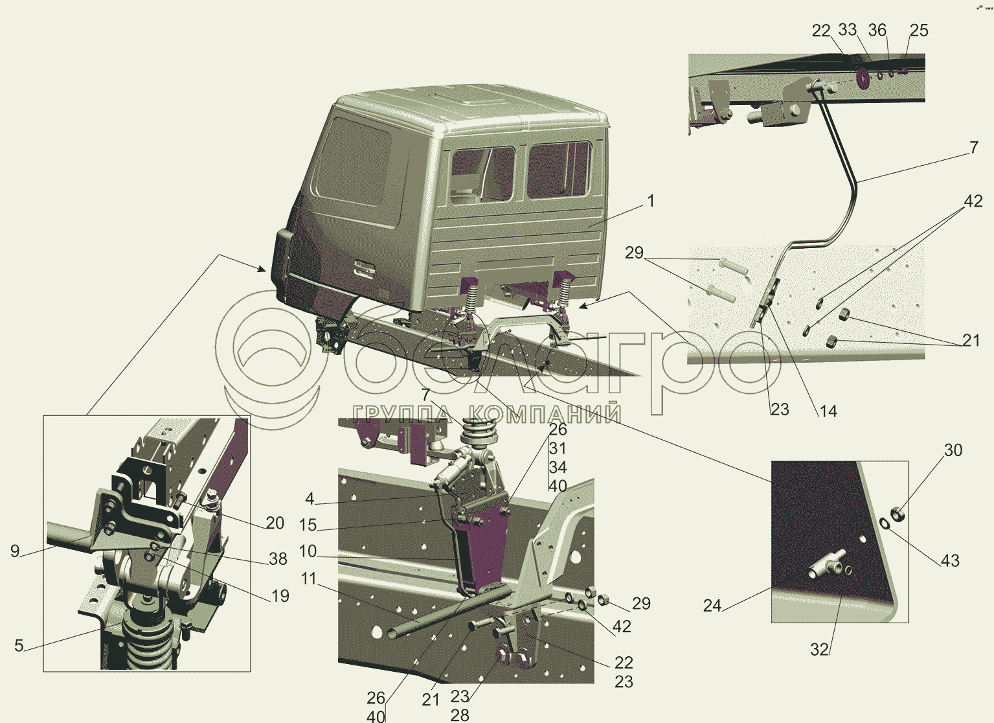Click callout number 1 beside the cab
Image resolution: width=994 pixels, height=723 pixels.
[651, 201]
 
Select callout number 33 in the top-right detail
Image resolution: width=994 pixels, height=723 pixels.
[848, 30]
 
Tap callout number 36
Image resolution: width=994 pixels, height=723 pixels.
[877, 30]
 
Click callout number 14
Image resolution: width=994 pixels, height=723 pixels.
[828, 411]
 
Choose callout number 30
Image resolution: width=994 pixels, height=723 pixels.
[953, 450]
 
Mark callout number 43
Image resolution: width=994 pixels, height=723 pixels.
[950, 560]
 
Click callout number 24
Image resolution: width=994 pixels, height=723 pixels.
[712, 606]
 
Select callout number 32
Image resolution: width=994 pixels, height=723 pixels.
[820, 650]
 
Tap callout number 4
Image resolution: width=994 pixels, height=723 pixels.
[310, 499]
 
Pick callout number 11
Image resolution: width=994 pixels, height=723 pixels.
[309, 579]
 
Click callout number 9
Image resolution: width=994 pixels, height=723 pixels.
[15, 551]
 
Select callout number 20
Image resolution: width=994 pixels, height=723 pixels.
[275, 523]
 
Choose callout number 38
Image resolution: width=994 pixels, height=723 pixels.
[278, 559]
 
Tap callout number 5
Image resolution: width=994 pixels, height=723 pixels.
[18, 646]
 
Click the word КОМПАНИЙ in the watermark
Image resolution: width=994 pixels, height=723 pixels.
[544, 413]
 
